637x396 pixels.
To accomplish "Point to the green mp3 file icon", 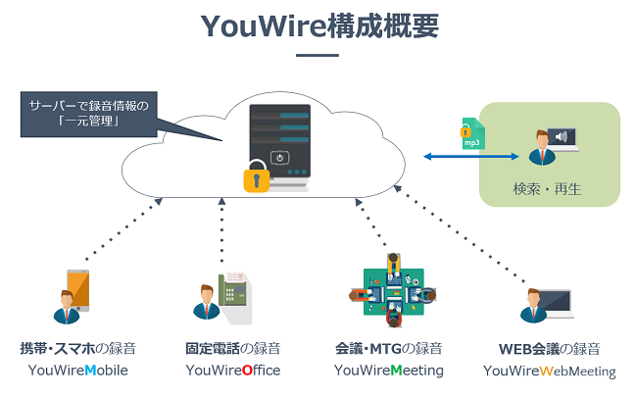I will tap(471, 134).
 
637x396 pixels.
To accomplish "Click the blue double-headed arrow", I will tap(470, 156).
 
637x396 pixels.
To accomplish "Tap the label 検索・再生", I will tap(547, 188).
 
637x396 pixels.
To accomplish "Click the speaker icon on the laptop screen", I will tap(562, 137).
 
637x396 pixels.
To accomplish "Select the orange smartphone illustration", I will tap(76, 286).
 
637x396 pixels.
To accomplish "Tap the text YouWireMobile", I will tap(78, 371).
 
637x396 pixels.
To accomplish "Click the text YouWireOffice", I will tap(233, 371).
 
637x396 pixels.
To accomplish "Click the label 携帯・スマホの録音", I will tap(78, 348).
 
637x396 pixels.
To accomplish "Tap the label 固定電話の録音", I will tap(233, 348).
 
